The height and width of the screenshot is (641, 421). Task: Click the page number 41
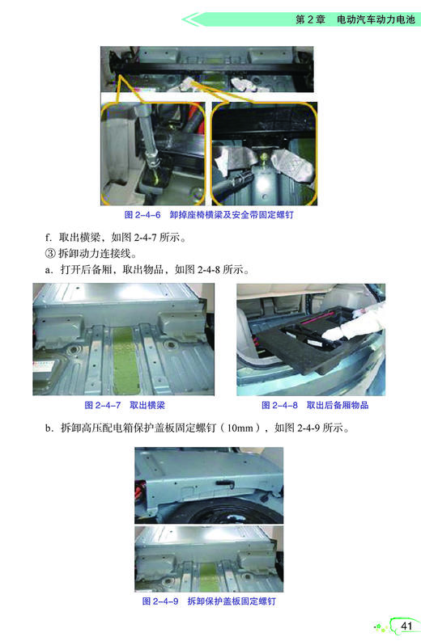[406, 626]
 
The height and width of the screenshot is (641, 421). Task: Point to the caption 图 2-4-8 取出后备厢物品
[314, 404]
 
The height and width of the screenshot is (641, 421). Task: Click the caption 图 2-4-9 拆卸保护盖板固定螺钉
[210, 601]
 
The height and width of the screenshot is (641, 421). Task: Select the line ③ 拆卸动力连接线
[89, 255]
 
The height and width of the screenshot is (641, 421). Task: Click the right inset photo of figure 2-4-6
[265, 154]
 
